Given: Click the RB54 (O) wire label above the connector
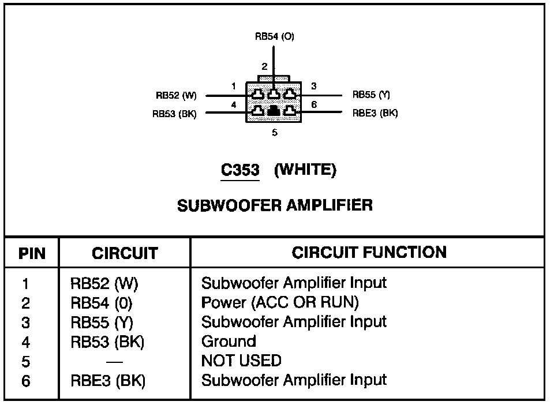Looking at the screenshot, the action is [275, 36].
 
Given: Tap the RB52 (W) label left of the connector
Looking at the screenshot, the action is [176, 95].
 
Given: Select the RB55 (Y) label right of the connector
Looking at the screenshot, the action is [371, 94].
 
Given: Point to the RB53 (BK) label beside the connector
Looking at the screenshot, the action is [174, 114].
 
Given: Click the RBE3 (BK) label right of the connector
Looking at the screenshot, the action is [375, 113].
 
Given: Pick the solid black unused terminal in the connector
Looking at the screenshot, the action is [274, 111].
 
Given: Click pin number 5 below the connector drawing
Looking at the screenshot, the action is [275, 133].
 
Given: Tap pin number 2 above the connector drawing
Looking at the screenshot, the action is [265, 66].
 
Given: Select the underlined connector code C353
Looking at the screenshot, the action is [240, 170].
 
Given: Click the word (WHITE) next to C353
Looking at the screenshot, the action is [305, 170].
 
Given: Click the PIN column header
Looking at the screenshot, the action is [32, 253].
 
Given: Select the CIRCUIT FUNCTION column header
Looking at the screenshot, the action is [369, 252].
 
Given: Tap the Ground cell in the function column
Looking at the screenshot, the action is [229, 341].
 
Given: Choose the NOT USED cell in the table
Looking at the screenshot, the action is [241, 361].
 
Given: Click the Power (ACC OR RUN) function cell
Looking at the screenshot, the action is [280, 302].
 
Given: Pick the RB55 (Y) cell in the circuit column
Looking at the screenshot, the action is [102, 322].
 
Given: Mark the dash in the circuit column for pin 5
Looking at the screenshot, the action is [114, 362].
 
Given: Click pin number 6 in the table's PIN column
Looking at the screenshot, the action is [26, 381].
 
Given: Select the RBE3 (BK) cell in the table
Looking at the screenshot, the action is [108, 381].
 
